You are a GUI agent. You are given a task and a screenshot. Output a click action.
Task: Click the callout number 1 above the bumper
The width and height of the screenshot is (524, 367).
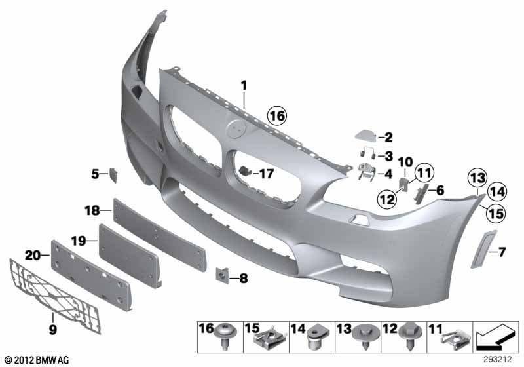point(243,85)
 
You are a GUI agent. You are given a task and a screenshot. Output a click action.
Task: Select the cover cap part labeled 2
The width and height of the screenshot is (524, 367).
point(365,135)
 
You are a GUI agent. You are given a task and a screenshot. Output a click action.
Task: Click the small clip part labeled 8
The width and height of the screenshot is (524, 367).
point(223,277)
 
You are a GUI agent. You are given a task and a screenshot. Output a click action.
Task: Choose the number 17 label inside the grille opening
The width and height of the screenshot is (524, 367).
point(265,174)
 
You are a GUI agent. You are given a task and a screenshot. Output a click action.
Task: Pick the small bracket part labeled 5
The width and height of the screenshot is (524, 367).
point(113,174)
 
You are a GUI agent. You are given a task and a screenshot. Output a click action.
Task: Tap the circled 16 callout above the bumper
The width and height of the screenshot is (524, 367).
point(276,116)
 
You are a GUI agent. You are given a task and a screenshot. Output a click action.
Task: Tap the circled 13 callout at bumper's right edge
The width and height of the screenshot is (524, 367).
point(477,176)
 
